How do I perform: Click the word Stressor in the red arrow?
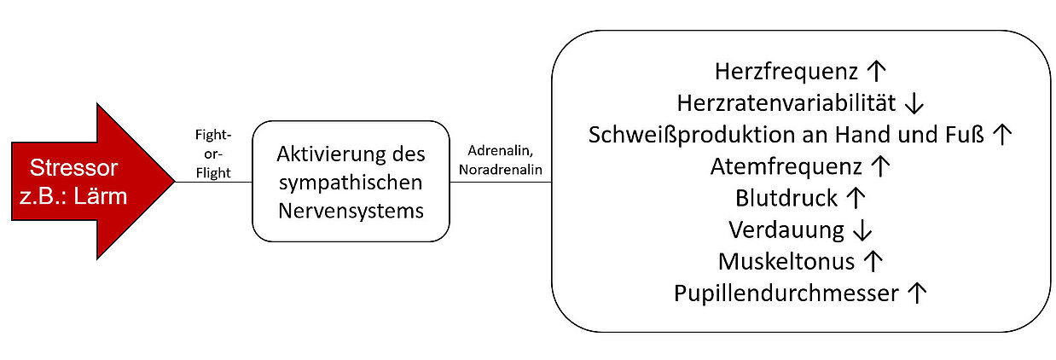73,168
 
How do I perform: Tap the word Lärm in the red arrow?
101,196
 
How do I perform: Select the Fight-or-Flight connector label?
213,154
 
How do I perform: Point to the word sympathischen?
351,183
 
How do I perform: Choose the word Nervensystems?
351,211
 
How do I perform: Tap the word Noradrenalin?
501,170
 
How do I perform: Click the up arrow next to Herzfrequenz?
876,71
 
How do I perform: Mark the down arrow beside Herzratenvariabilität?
914,103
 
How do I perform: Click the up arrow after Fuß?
1001,134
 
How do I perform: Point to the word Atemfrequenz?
786,167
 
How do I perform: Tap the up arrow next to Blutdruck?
856,198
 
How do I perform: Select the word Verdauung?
786,230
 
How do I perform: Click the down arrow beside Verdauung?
862,230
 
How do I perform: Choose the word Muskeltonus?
786,262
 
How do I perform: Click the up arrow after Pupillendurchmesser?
917,293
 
